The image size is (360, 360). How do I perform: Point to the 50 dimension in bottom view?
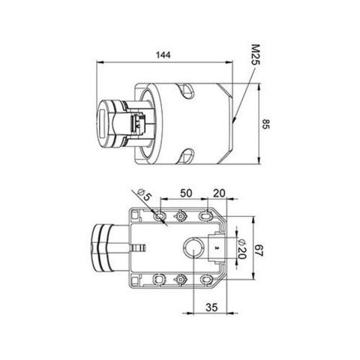point(185,193)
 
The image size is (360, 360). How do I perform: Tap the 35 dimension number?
point(211,307)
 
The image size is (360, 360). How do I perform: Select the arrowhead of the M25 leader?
point(234,119)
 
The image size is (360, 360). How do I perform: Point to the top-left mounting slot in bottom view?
point(158,216)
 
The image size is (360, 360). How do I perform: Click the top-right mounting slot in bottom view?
point(205,216)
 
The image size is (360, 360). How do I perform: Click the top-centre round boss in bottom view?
point(181,216)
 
